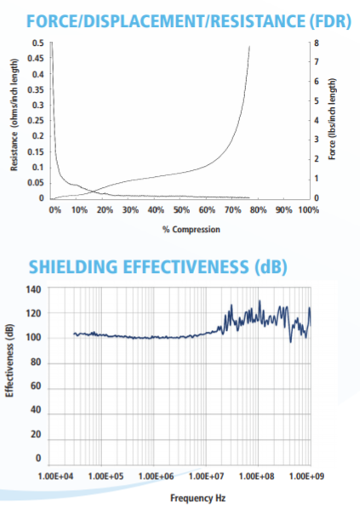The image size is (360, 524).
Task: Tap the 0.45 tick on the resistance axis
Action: [36, 58]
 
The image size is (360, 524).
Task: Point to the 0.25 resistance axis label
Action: [36, 120]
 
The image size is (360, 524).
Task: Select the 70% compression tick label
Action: [232, 210]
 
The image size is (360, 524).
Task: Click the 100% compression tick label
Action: [309, 210]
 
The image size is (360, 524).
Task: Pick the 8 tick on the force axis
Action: [317, 43]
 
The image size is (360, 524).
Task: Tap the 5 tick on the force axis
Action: [317, 100]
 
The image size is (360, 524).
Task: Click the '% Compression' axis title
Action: [191, 230]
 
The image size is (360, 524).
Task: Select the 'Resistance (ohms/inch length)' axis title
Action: [14, 115]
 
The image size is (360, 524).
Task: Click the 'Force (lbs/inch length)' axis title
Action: [332, 119]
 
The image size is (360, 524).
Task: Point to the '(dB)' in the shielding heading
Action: [271, 267]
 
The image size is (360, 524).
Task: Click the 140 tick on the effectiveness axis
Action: [33, 289]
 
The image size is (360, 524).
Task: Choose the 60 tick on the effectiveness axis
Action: [36, 386]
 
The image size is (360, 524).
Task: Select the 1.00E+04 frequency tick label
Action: [56, 476]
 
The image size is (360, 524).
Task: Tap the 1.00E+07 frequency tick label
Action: [206, 476]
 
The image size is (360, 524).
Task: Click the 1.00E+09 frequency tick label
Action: [306, 476]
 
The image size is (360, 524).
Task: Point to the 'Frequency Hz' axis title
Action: [198, 498]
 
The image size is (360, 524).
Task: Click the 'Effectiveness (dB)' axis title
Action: [9, 361]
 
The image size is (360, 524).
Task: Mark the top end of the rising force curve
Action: [249, 47]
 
